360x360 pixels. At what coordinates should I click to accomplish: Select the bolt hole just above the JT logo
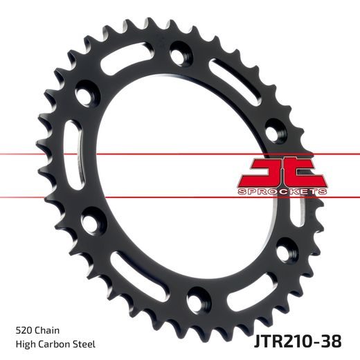pos(275,127)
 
